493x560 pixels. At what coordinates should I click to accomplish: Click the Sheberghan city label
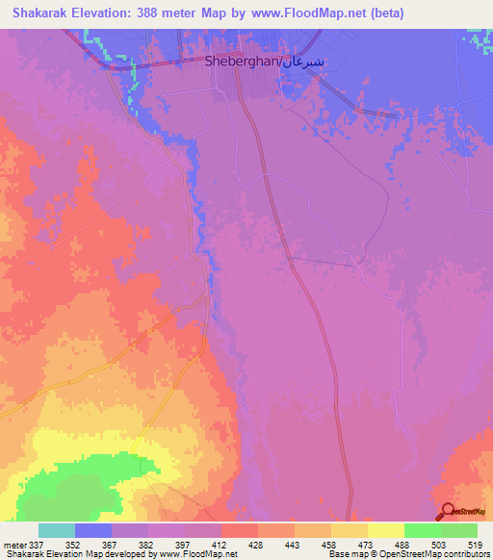click(241, 60)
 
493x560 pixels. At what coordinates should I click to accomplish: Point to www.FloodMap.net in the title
click(308, 13)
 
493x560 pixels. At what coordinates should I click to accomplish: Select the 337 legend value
click(39, 544)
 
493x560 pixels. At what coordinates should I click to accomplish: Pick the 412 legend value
click(221, 544)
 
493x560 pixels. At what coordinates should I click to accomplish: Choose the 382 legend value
click(147, 544)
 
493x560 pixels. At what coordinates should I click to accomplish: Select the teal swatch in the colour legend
click(57, 530)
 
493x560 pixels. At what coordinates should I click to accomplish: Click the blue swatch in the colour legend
click(93, 530)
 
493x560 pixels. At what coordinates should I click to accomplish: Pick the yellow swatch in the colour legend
click(385, 530)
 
